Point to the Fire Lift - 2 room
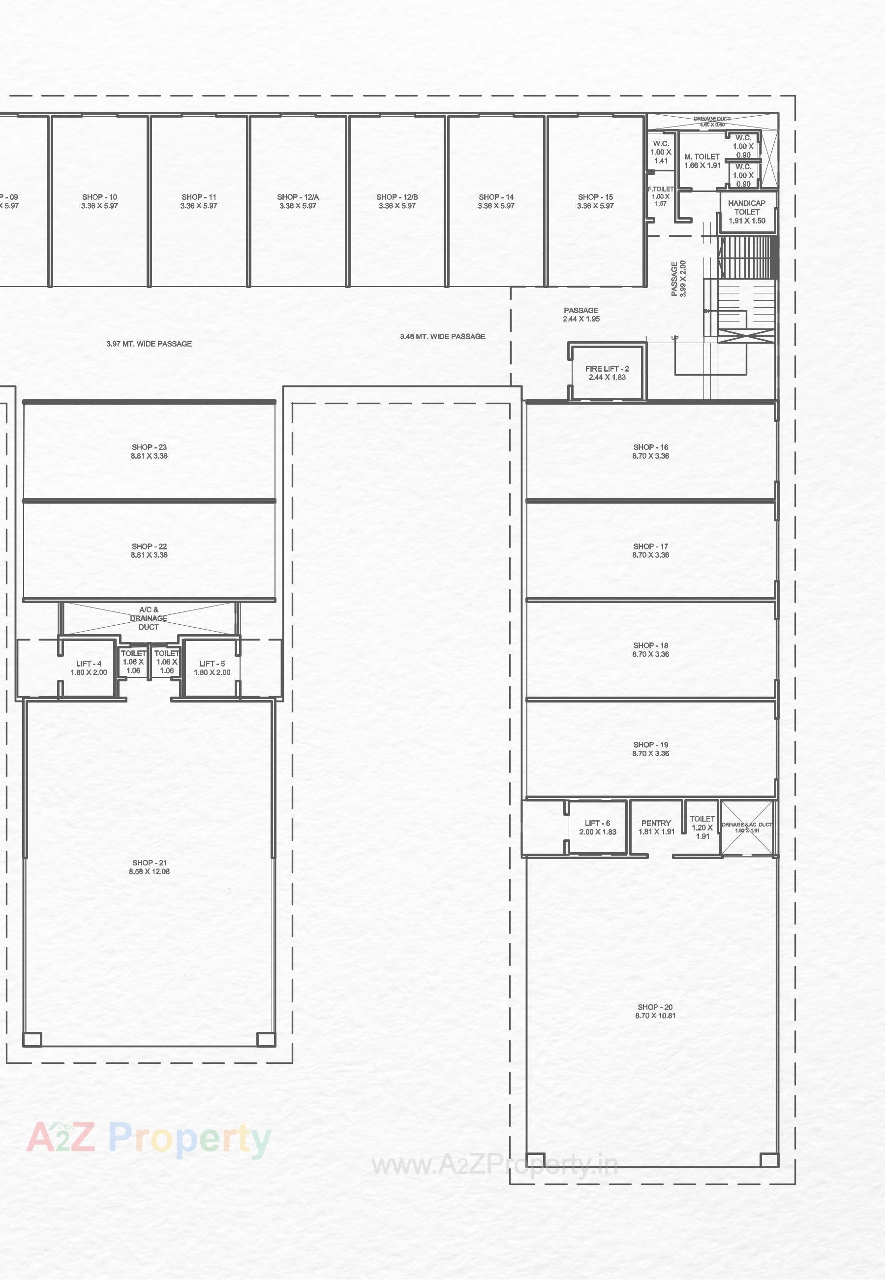click(x=607, y=373)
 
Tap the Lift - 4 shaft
click(x=89, y=668)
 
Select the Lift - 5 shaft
click(x=212, y=668)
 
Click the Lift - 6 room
click(x=597, y=827)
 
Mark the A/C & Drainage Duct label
click(x=149, y=618)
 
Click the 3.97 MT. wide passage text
click(x=149, y=344)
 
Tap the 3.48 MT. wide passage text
click(x=443, y=337)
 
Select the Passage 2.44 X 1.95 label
click(x=580, y=315)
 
